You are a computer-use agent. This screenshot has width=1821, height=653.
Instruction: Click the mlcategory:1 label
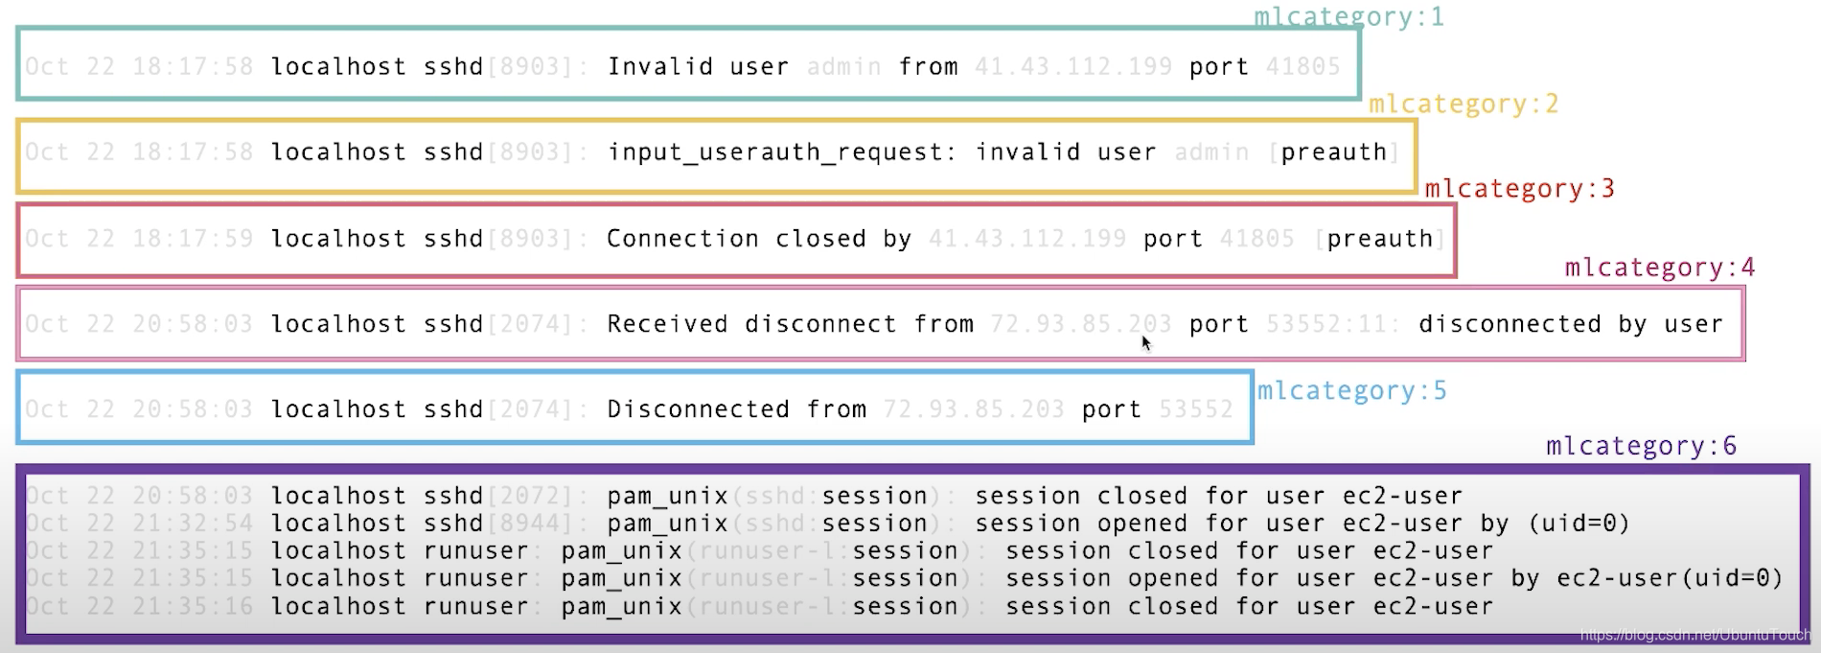click(1348, 16)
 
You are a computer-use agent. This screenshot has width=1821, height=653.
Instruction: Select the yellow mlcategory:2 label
click(1463, 104)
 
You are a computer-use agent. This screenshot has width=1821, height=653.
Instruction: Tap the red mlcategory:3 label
click(1519, 189)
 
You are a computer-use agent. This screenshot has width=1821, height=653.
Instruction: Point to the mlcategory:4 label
click(1659, 268)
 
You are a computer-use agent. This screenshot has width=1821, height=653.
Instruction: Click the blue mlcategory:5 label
click(1351, 391)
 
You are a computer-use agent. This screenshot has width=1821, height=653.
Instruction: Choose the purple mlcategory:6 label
click(1641, 446)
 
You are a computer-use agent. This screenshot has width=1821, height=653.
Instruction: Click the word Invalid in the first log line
click(660, 66)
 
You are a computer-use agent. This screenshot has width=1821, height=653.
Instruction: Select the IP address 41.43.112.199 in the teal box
click(1072, 66)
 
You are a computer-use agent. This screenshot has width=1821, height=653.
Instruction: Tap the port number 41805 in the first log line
click(1302, 66)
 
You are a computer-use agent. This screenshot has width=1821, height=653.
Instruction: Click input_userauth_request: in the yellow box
click(781, 152)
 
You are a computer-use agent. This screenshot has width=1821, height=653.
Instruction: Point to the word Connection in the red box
click(682, 238)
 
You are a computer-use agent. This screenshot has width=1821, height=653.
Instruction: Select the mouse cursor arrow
click(1146, 342)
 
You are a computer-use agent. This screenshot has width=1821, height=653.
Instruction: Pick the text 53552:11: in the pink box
click(1332, 324)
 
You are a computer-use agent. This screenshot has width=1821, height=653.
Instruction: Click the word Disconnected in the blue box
click(698, 409)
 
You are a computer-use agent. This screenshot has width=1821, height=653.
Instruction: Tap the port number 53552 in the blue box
click(1195, 409)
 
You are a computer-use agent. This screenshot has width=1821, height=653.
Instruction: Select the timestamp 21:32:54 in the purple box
click(193, 524)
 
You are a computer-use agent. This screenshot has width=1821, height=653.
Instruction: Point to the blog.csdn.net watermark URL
click(1694, 635)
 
